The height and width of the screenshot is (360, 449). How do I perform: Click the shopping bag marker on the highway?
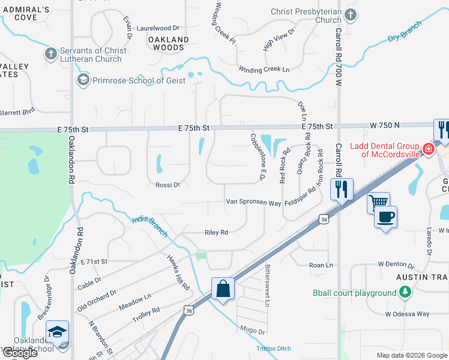[x=223, y=288]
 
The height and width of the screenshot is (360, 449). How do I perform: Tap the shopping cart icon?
[x=379, y=203]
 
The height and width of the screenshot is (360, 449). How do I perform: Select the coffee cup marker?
[x=385, y=216]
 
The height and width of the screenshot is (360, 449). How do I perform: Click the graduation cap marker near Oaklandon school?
[x=58, y=332]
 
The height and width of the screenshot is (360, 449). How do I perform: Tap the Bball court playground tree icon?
[x=406, y=292]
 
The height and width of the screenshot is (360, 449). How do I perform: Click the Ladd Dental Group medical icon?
[x=429, y=148]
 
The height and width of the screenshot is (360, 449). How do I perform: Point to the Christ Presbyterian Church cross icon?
[x=351, y=14]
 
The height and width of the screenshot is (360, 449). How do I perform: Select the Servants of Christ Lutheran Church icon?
[x=51, y=54]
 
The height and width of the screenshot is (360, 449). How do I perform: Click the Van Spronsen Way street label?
[x=253, y=203]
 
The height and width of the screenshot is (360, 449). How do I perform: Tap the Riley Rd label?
[x=216, y=232]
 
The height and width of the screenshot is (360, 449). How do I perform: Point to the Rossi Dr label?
[x=167, y=185]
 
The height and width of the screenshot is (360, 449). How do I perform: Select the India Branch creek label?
[x=149, y=227]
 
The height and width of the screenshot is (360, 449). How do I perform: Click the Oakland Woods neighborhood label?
[x=168, y=43]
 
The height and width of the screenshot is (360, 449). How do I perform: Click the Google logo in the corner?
[x=19, y=353]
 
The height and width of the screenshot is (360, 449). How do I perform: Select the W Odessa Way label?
[x=408, y=313]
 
